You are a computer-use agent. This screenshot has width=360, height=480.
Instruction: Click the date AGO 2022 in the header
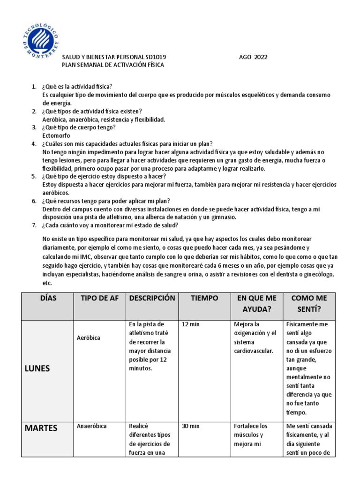click(253, 57)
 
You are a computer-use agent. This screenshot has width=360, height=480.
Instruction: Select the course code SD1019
click(155, 57)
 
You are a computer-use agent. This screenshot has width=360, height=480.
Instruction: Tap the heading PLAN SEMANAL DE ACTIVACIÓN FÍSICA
click(113, 65)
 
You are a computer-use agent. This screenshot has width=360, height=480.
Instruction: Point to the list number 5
click(34, 176)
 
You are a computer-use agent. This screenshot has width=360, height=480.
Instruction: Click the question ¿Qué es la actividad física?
click(77, 87)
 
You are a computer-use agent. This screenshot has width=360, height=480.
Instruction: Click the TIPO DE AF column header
click(99, 298)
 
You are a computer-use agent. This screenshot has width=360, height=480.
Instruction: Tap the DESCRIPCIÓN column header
click(152, 298)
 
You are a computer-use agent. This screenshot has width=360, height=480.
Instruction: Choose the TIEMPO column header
click(204, 298)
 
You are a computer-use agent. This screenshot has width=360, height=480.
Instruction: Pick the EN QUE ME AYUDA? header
click(256, 304)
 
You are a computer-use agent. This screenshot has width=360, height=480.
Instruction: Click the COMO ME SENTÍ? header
click(309, 304)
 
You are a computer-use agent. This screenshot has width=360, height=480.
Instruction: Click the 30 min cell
click(190, 426)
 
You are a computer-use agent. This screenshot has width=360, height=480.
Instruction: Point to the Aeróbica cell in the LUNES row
click(89, 337)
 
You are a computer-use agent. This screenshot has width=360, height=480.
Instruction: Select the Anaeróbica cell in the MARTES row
click(91, 426)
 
